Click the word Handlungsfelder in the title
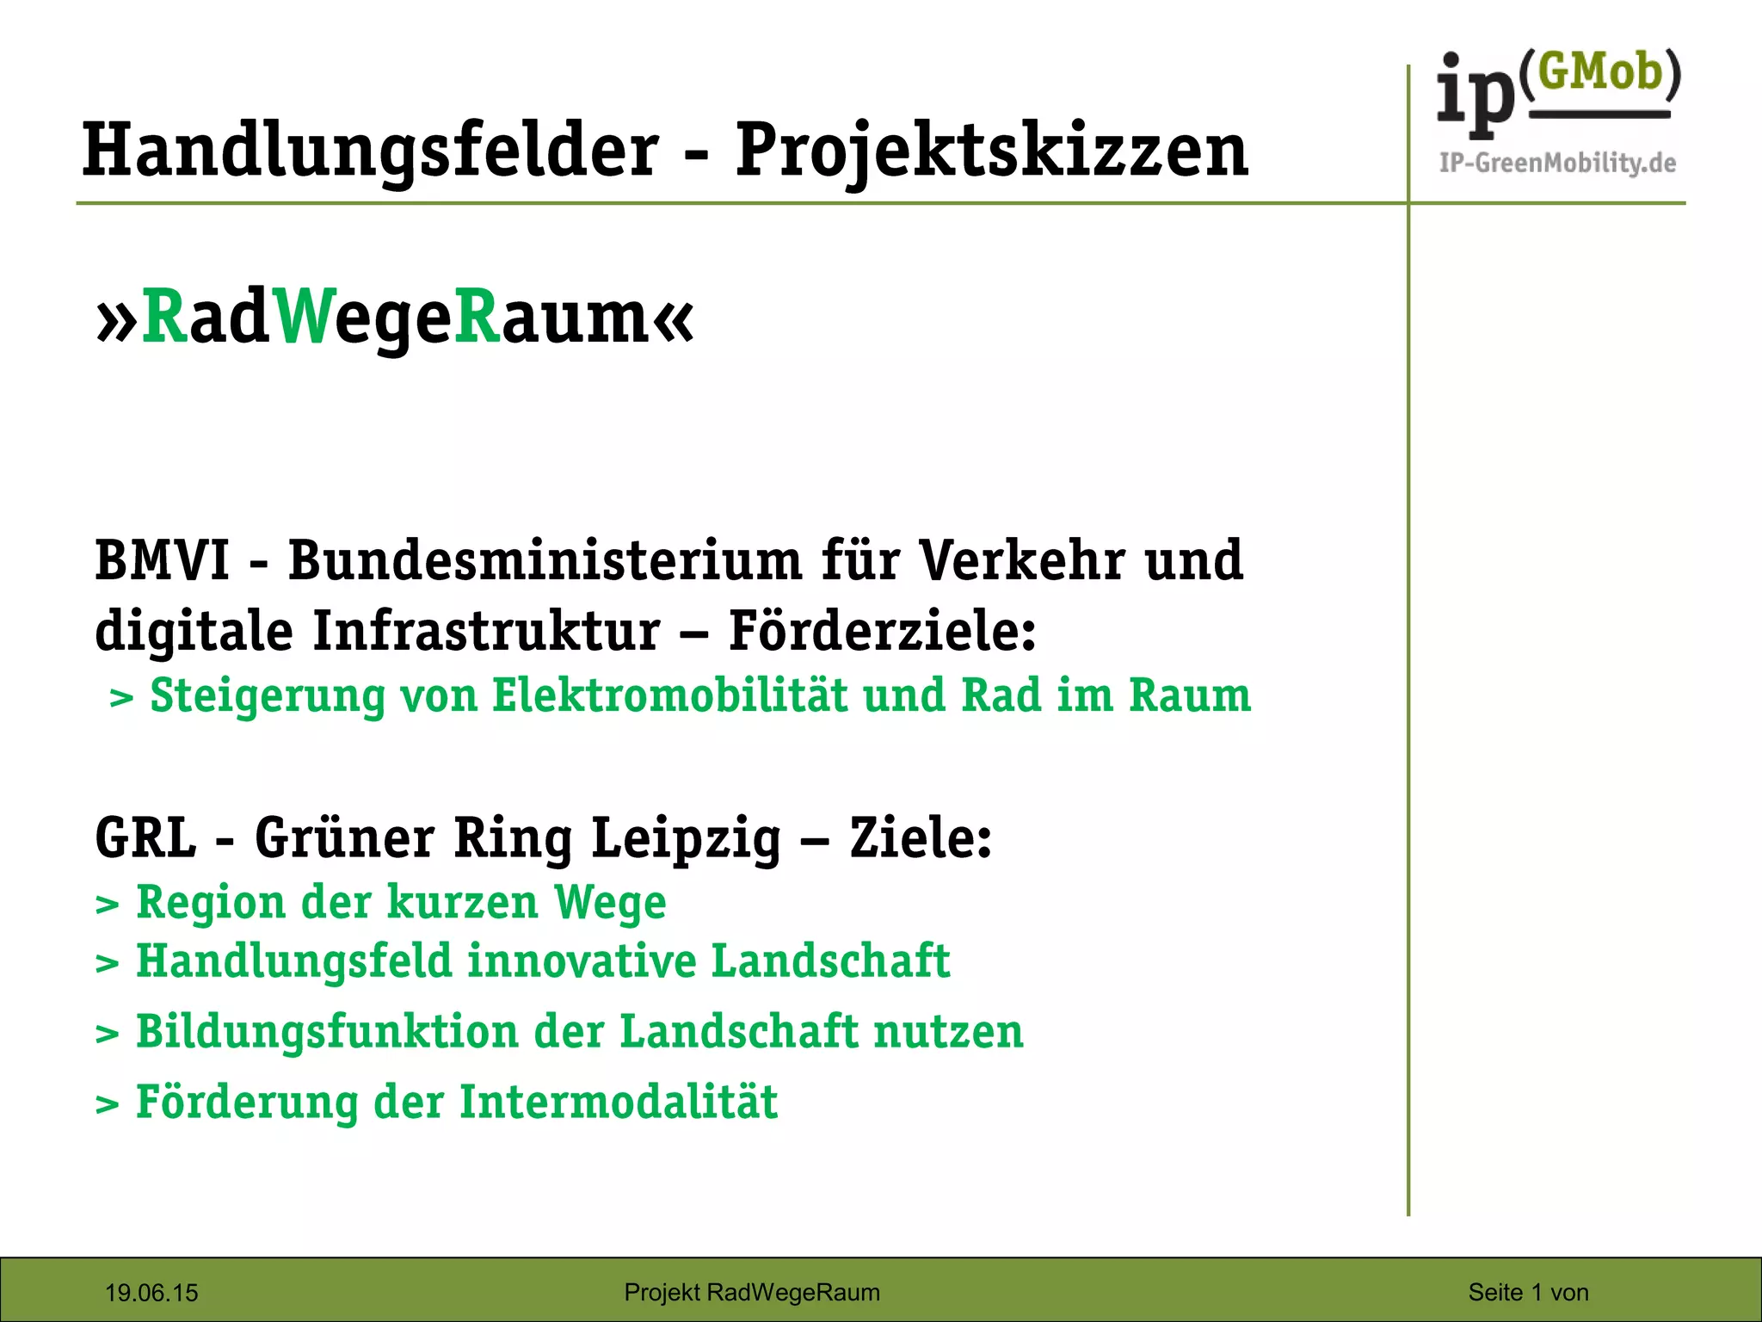click(370, 151)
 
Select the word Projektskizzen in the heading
click(991, 151)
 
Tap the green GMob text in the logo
click(1599, 72)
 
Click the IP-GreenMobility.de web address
click(1557, 163)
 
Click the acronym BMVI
click(163, 561)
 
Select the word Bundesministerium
click(545, 561)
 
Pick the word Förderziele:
click(882, 631)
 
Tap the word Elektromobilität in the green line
click(669, 695)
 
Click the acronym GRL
click(145, 837)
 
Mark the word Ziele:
click(921, 837)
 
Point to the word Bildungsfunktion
click(327, 1032)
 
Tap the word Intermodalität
click(619, 1103)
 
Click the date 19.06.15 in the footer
click(151, 1293)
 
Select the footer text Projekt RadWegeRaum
click(752, 1292)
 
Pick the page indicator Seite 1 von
click(1528, 1292)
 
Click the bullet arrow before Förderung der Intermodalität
click(107, 1104)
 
